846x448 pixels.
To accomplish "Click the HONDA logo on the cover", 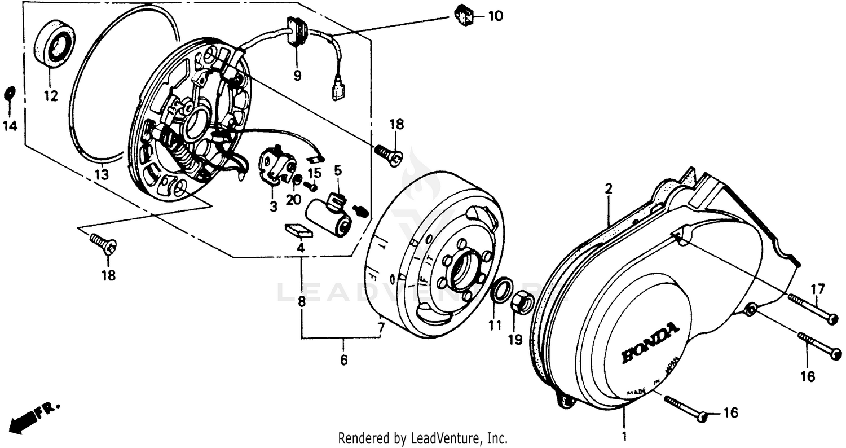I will pyautogui.click(x=650, y=343).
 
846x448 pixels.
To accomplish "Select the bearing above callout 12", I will pyautogui.click(x=55, y=45).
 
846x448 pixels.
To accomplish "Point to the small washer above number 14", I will pyautogui.click(x=10, y=93).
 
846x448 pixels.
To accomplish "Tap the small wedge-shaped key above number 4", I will pyautogui.click(x=297, y=230).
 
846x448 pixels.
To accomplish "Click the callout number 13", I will pyautogui.click(x=101, y=175).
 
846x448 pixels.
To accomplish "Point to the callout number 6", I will pyautogui.click(x=343, y=360).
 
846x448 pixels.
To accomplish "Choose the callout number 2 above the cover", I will pyautogui.click(x=609, y=189).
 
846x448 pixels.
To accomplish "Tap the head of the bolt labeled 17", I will pyautogui.click(x=831, y=319).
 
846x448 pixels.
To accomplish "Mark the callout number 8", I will pyautogui.click(x=302, y=302).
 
